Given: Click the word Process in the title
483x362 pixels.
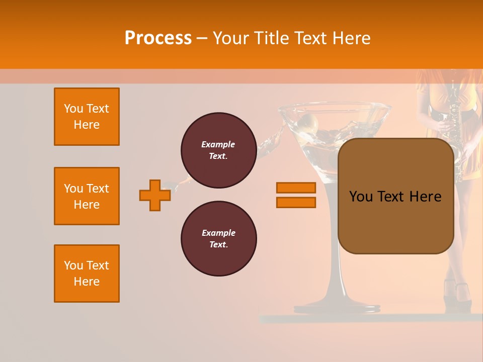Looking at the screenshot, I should tap(158, 38).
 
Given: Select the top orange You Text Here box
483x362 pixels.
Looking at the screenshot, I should tap(87, 117).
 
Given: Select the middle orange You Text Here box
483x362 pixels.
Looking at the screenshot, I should tap(87, 196).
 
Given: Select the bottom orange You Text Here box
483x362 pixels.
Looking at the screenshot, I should tap(87, 274).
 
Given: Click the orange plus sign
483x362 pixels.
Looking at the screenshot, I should tap(155, 195).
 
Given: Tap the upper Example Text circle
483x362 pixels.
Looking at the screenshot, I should tap(218, 150).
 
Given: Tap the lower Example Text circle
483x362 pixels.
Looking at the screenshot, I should tap(218, 239).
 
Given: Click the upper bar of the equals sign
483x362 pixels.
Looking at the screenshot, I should tap(296, 188).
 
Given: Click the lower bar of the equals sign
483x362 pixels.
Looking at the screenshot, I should tap(296, 203).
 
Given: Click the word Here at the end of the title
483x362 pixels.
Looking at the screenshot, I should tap(352, 38).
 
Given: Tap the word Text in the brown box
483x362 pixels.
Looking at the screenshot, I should tap(395, 197).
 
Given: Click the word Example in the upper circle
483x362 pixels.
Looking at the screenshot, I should tap(218, 144).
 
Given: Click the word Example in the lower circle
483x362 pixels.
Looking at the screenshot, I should tap(218, 233).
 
